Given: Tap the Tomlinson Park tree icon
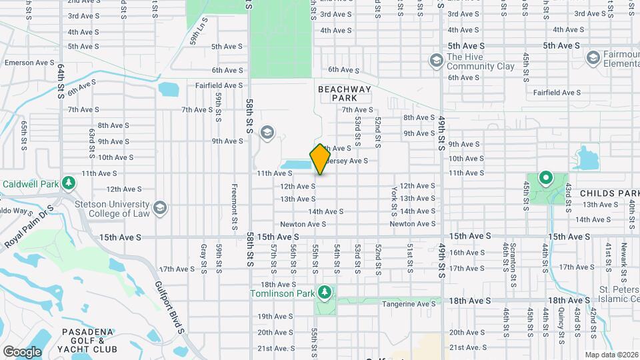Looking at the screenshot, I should pos(325,292).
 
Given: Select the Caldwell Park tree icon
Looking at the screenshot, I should pos(67,183).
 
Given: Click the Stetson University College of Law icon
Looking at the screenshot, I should pos(160,209).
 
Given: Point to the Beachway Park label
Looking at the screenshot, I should pos(343,93).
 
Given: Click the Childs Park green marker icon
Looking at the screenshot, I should pos(545,178).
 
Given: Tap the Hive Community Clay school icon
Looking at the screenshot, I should pos(436,61).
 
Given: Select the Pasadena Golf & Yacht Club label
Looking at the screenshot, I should pos(89,340).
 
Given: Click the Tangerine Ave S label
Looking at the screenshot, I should pos(409,303).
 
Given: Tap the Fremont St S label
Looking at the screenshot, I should pos(235,207).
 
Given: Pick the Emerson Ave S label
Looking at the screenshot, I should pos(29,62).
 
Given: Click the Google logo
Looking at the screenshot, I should pos(22,352).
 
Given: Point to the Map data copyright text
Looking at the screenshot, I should pos(613,355).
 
